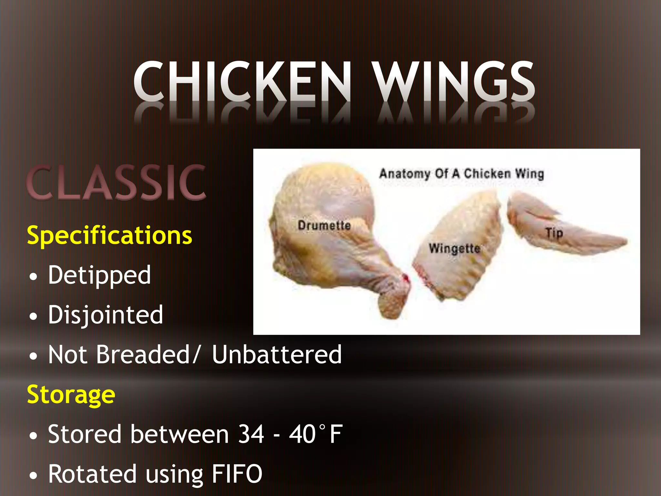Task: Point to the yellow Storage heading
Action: pos(71,395)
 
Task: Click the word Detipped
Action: pos(99,275)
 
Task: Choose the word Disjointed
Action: pos(106,315)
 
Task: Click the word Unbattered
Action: pos(277,355)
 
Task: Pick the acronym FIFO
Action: pos(237,474)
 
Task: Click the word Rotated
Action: pos(92,474)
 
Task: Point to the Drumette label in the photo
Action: pos(324,225)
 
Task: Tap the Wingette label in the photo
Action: pos(454,248)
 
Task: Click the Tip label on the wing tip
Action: pos(554,233)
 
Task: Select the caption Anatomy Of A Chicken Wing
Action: pos(462,174)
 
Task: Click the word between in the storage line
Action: pos(180,434)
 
